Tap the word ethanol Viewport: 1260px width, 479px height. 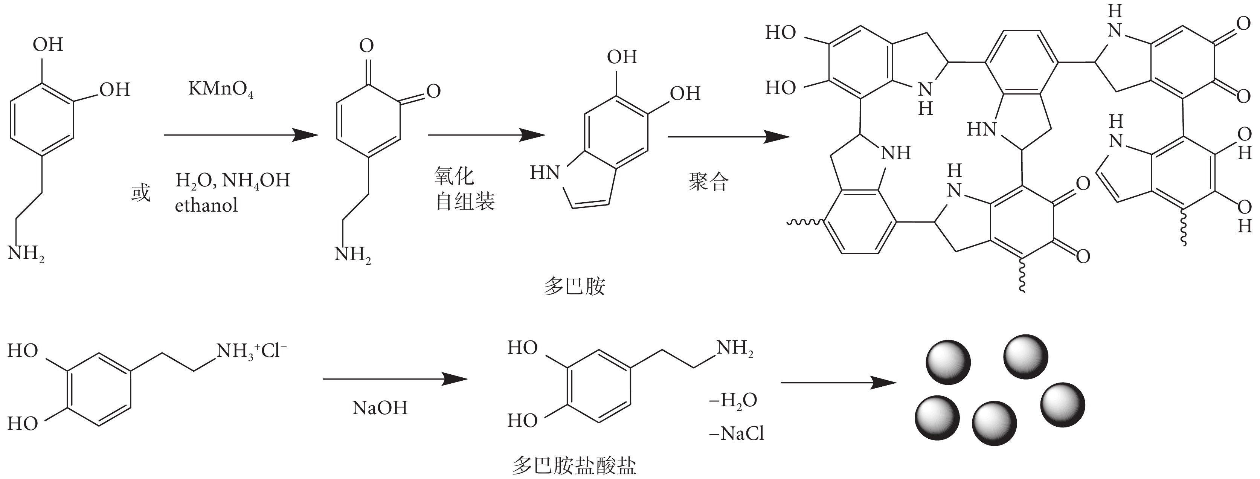point(206,205)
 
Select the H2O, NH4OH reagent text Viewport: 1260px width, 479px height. point(233,180)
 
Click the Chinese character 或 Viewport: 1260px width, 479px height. point(141,193)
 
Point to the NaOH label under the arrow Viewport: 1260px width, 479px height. point(380,407)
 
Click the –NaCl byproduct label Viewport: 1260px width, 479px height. point(736,433)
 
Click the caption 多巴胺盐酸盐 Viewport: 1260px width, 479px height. point(574,465)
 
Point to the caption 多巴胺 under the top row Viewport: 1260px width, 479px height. point(574,286)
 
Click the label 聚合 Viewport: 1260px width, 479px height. point(709,182)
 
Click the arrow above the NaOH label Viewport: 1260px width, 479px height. point(395,379)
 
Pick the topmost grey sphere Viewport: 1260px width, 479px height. point(1026,357)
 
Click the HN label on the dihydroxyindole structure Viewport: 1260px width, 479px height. point(545,173)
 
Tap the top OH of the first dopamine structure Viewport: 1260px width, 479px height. point(48,44)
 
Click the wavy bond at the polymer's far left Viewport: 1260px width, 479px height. point(805,223)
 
